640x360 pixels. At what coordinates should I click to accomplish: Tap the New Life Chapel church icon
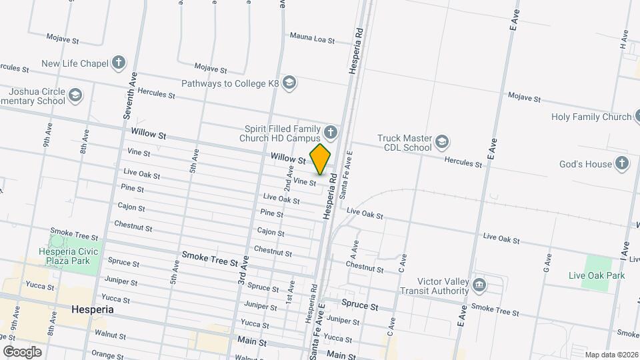click(x=119, y=63)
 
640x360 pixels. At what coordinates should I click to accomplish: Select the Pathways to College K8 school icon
click(x=289, y=83)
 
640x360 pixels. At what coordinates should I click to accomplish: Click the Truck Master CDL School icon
click(x=442, y=142)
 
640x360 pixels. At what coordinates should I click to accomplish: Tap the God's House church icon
click(x=621, y=163)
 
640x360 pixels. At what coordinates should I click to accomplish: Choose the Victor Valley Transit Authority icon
click(x=479, y=285)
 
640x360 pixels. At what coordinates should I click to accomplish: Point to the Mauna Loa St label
click(x=312, y=38)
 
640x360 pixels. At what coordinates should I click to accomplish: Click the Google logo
click(x=22, y=351)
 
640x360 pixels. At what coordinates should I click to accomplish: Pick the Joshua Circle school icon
click(x=75, y=95)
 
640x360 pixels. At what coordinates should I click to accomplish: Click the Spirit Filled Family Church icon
click(x=330, y=131)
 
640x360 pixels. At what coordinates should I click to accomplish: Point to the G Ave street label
click(x=548, y=263)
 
